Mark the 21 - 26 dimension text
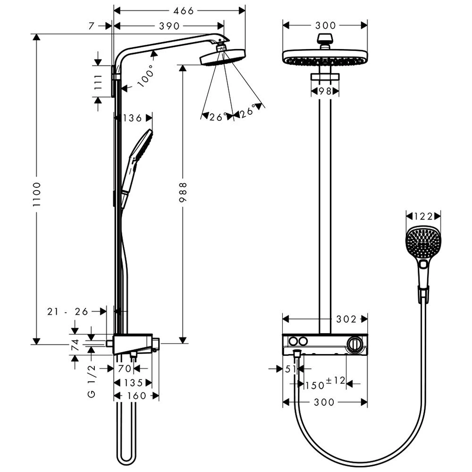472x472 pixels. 68,311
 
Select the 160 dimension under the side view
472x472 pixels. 137,396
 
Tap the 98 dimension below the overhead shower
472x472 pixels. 325,91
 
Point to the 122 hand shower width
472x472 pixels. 423,216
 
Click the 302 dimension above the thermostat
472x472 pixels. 346,320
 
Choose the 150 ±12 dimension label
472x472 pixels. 325,384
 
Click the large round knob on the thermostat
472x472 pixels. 355,344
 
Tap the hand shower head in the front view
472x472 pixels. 423,243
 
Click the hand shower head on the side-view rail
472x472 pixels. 141,146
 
